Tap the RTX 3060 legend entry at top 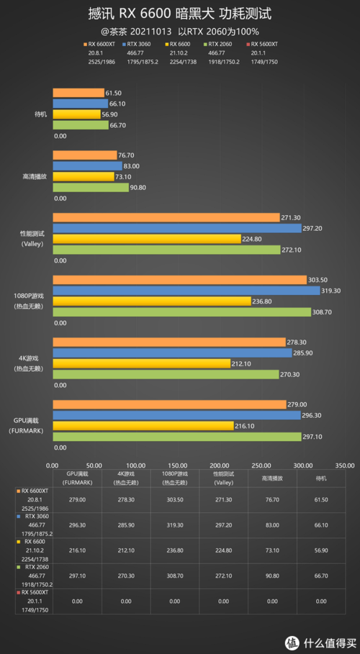pyautogui.click(x=141, y=43)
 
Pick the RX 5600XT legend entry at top pyautogui.click(x=264, y=43)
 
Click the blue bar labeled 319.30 pyautogui.click(x=186, y=291)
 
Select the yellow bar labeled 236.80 pyautogui.click(x=151, y=301)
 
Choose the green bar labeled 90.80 pyautogui.click(x=90, y=188)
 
